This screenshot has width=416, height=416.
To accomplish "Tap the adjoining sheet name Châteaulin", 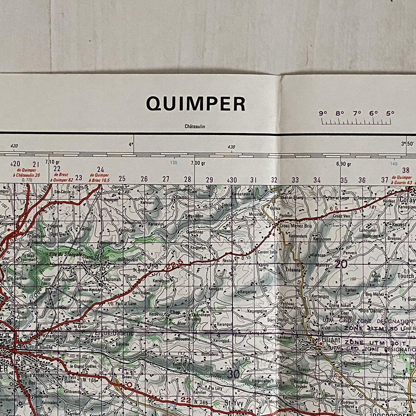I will pos(195,127).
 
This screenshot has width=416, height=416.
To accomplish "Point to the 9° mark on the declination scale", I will pos(323,113).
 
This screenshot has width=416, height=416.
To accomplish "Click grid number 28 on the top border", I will pos(188,179).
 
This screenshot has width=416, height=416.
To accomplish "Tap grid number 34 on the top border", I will pos(317,180).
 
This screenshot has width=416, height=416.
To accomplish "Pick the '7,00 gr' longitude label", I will pos(198,163).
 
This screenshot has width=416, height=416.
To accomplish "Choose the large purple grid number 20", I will pos(341,264).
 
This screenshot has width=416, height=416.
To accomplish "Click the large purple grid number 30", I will pos(233,374).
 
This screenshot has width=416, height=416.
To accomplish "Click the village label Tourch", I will pos(406,276).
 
